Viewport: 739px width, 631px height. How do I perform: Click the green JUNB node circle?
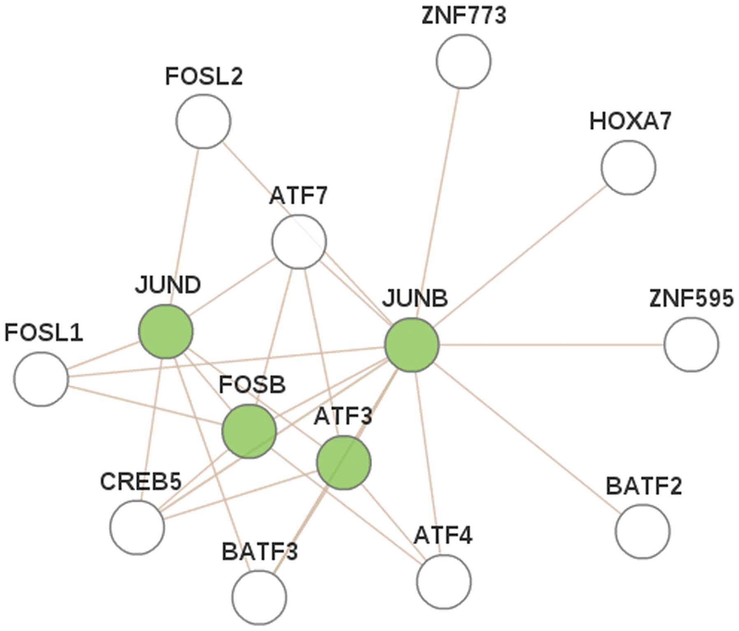coord(412,345)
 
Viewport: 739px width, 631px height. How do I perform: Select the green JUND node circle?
coord(166,331)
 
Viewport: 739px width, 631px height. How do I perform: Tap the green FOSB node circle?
coord(249,431)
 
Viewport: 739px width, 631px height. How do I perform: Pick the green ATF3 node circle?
coord(343,463)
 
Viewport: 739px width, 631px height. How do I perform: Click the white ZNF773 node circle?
coord(463,61)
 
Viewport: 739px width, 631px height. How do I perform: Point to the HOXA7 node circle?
coord(628,167)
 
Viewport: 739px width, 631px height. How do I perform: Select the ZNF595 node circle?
coord(691,344)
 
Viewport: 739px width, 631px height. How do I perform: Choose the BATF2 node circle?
coord(642,531)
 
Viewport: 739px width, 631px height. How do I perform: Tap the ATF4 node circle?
coord(443,582)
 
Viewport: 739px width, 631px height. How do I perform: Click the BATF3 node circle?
coord(259,597)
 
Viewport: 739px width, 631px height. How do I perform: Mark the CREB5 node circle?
coord(137,527)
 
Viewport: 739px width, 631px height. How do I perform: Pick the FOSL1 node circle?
coord(41,379)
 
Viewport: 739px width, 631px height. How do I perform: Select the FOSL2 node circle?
coord(203,122)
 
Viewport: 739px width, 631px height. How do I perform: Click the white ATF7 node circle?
coord(299,241)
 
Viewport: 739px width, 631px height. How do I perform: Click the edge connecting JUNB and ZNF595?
coord(552,344)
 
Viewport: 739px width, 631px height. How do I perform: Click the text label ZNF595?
coord(691,298)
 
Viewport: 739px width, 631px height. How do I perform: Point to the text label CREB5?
coord(140,481)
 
